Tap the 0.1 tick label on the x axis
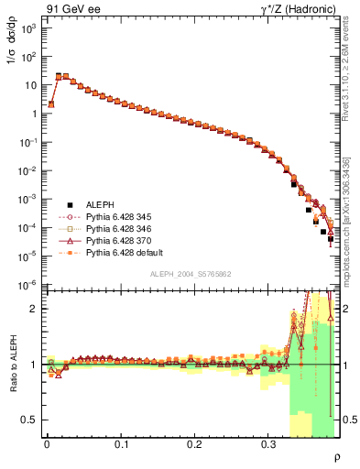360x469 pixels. [121, 443]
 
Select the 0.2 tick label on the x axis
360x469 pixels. [194, 443]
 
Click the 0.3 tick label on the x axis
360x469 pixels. [268, 443]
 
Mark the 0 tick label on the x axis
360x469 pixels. [47, 443]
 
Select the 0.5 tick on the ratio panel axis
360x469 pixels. [30, 420]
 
